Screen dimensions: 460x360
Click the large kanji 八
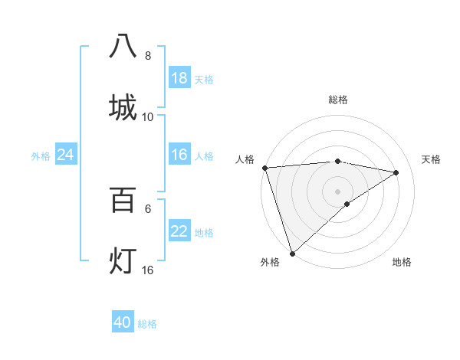pyautogui.click(x=123, y=45)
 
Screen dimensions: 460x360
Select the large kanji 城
pyautogui.click(x=123, y=106)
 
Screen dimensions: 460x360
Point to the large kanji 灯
pyautogui.click(x=123, y=260)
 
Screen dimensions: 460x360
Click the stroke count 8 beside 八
pyautogui.click(x=148, y=56)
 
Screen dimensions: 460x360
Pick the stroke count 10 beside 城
pyautogui.click(x=148, y=117)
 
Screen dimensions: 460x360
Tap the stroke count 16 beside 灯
pyautogui.click(x=148, y=270)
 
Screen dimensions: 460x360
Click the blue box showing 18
pyautogui.click(x=179, y=78)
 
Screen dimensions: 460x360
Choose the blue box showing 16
pyautogui.click(x=179, y=155)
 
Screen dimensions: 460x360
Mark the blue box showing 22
pyautogui.click(x=179, y=231)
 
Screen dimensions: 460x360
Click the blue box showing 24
pyautogui.click(x=66, y=155)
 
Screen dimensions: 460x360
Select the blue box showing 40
pyautogui.click(x=123, y=322)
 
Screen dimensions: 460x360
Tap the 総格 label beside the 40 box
pyautogui.click(x=148, y=324)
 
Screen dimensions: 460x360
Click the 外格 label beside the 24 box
pyautogui.click(x=41, y=156)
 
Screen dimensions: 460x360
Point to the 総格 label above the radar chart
pyautogui.click(x=338, y=100)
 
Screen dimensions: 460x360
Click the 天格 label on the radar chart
pyautogui.click(x=432, y=159)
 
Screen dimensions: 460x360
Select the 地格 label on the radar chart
pyautogui.click(x=402, y=262)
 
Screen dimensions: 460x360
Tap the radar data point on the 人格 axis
pyautogui.click(x=264, y=168)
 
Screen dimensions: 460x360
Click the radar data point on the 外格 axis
pyautogui.click(x=292, y=252)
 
